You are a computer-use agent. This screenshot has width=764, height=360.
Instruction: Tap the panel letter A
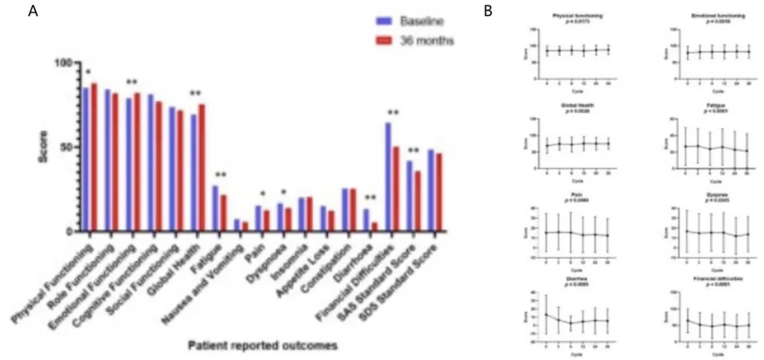pyautogui.click(x=32, y=12)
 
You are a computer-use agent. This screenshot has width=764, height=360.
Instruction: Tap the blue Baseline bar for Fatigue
pyautogui.click(x=216, y=209)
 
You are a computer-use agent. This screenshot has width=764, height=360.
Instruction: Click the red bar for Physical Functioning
pyautogui.click(x=93, y=157)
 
